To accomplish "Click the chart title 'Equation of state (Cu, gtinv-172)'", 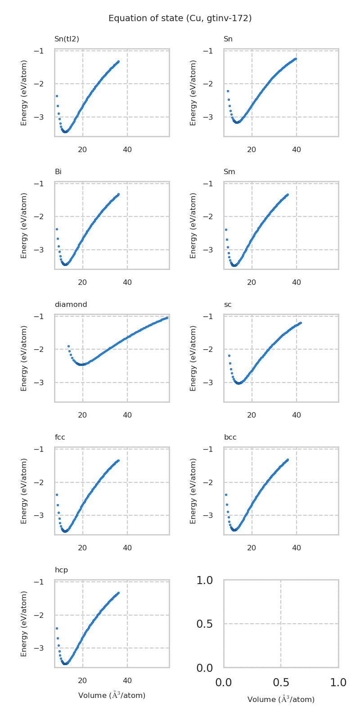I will click(180, 18).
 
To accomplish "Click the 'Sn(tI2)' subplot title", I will click(67, 39).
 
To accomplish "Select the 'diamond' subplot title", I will click(71, 305).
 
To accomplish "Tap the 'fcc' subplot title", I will click(60, 437).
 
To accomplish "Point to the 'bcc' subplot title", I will click(230, 437).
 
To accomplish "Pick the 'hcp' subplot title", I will click(61, 570).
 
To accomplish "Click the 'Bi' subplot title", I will click(58, 172).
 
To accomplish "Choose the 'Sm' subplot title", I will click(229, 172).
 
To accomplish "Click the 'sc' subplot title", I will click(228, 305).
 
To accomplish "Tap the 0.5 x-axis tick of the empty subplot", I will click(281, 682).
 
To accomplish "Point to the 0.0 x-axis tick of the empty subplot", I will click(224, 682).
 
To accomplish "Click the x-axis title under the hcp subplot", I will click(112, 695).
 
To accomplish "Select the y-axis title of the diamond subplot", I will click(24, 358).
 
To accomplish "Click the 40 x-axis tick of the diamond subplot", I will click(127, 415).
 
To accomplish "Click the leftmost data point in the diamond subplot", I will click(68, 346).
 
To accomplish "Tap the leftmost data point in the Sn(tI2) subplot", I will click(57, 96).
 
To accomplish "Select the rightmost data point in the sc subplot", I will click(300, 323).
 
